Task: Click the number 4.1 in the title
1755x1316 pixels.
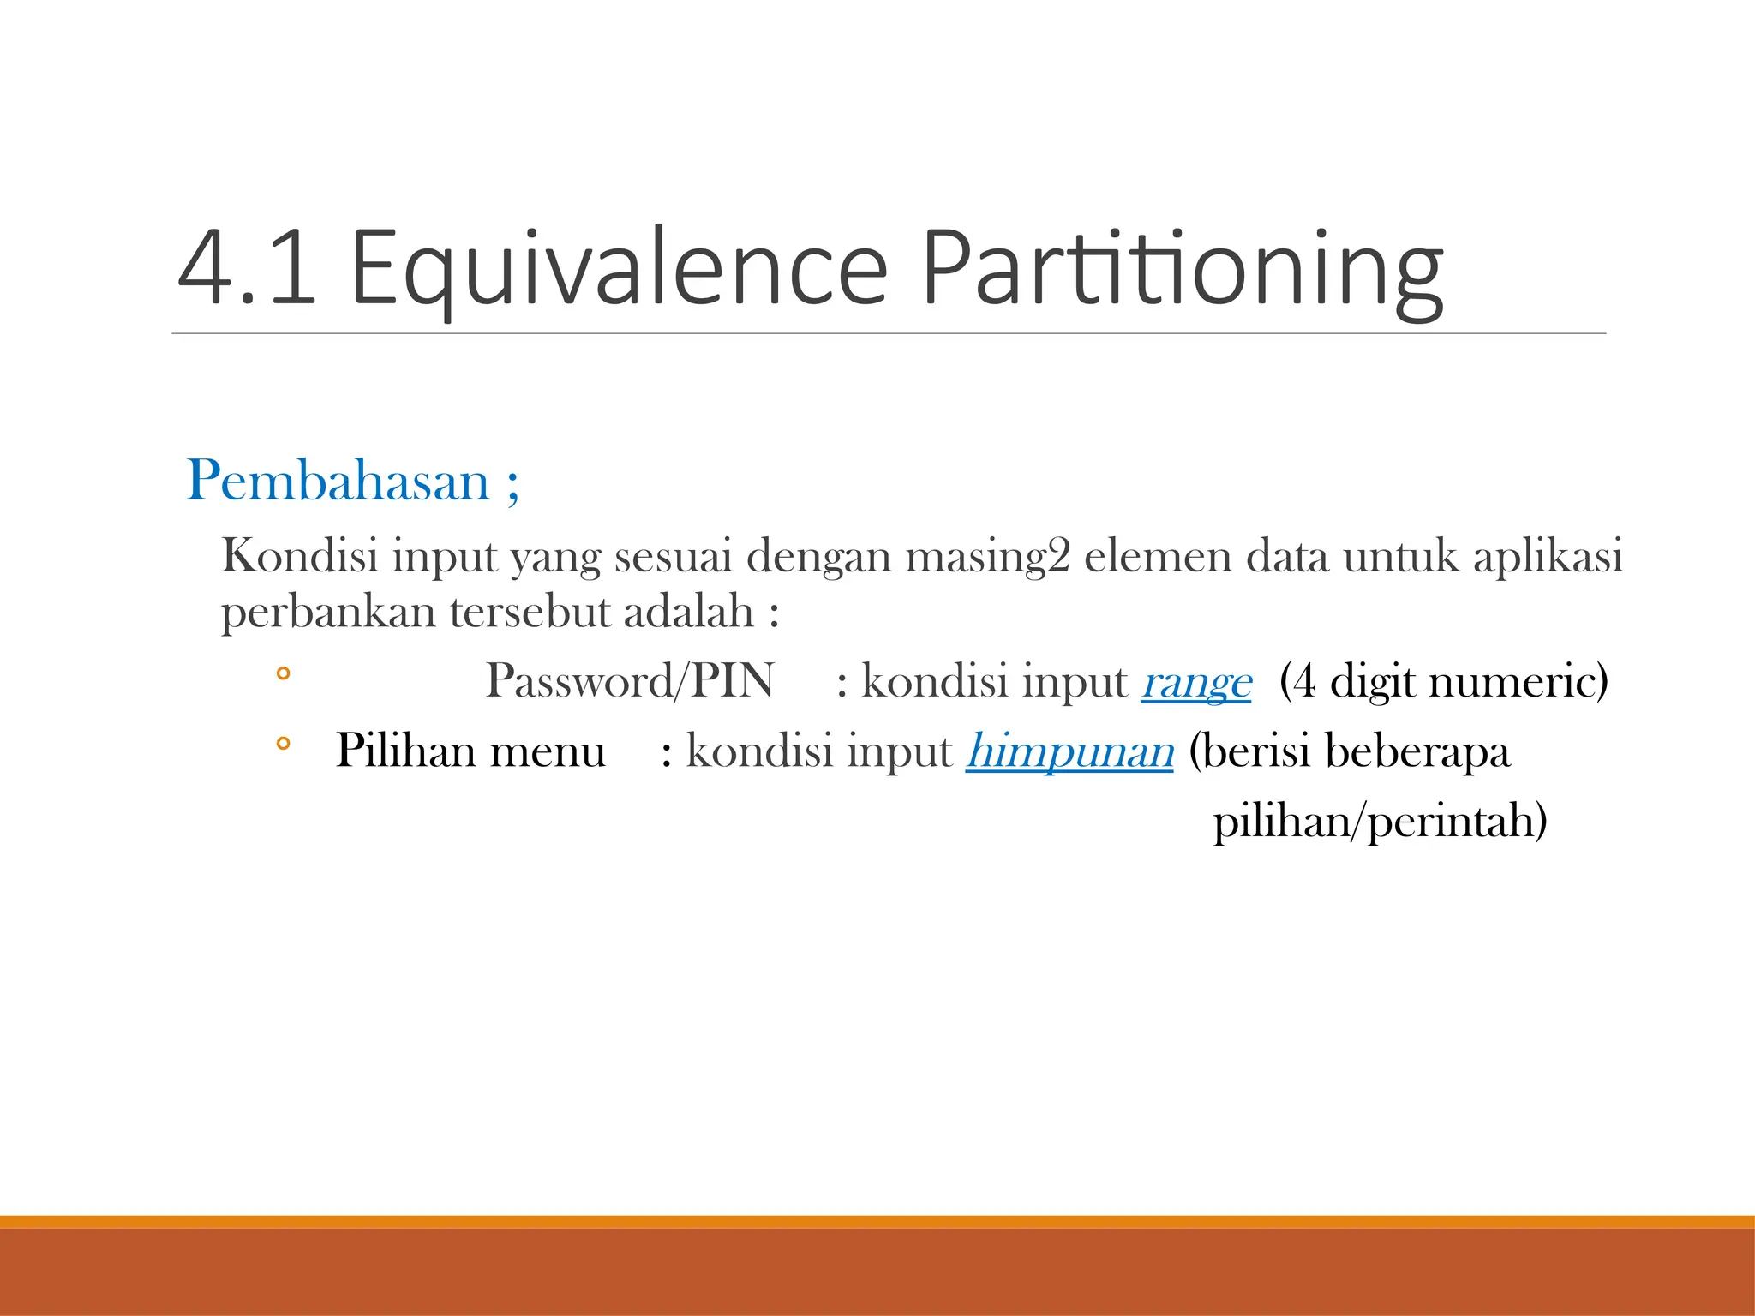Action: click(x=247, y=267)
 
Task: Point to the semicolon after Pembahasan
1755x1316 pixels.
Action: click(x=512, y=485)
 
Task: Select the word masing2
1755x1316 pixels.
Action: click(x=988, y=557)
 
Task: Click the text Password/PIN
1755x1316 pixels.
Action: click(x=630, y=681)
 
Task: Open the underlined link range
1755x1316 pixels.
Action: click(x=1196, y=683)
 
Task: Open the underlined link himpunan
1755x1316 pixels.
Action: click(x=1069, y=751)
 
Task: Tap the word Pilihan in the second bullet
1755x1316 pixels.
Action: click(x=406, y=751)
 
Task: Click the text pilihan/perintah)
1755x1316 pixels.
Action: click(x=1380, y=821)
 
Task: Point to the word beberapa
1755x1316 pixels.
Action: click(x=1417, y=752)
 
